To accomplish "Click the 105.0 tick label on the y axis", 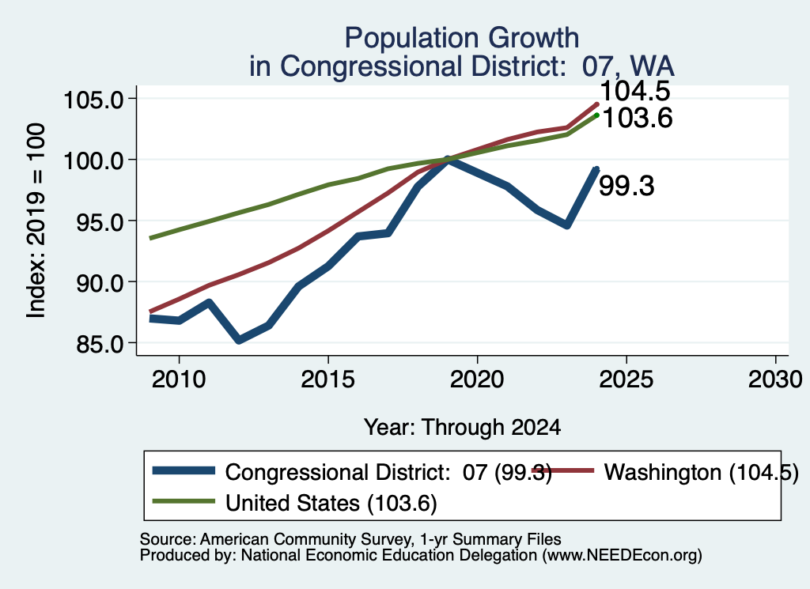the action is pos(94,99).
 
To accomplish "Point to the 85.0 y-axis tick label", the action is pos(100,345).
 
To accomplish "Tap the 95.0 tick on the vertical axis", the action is pos(100,222).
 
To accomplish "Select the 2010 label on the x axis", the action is pos(179,380).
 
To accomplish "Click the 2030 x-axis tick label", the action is pos(775,380).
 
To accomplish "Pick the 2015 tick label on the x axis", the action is pos(328,380).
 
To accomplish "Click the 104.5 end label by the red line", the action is pos(635,91).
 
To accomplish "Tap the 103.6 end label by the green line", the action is pos(638,119).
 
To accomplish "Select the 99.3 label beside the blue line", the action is pos(626,186).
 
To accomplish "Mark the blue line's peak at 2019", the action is pos(448,159).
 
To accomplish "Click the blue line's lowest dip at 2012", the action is pos(239,340).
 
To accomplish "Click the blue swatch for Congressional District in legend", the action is pos(184,470).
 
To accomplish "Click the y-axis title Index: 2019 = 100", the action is pos(36,221).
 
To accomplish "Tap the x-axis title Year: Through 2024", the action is pos(462,428).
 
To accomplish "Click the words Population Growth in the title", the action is pos(462,38).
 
